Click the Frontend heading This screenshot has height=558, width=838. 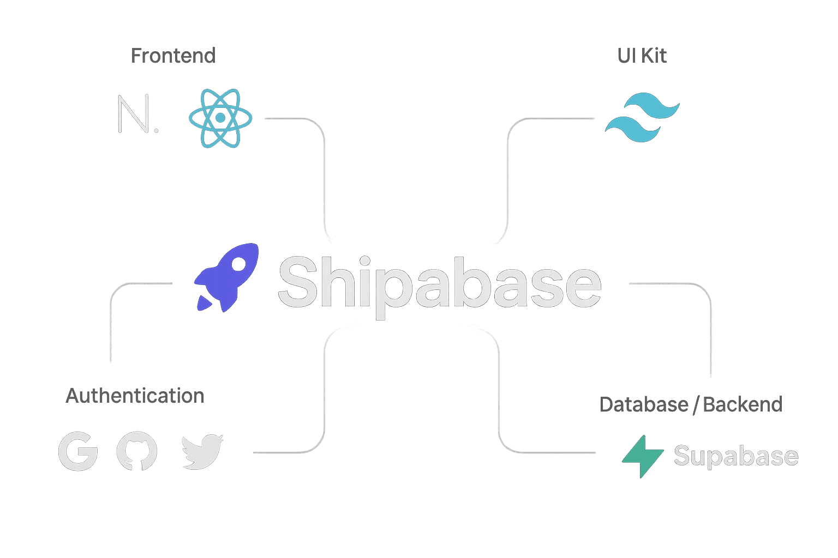click(173, 56)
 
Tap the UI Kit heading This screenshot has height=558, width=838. click(642, 56)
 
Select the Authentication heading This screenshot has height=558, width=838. click(135, 396)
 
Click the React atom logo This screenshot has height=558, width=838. click(220, 118)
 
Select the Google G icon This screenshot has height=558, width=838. click(78, 452)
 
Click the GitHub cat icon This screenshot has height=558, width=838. click(136, 452)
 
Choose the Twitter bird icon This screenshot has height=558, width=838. click(202, 452)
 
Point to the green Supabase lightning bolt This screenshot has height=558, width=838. click(643, 456)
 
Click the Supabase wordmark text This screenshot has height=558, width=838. click(735, 456)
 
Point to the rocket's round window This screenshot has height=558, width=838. click(238, 265)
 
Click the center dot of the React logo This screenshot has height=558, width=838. click(220, 118)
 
